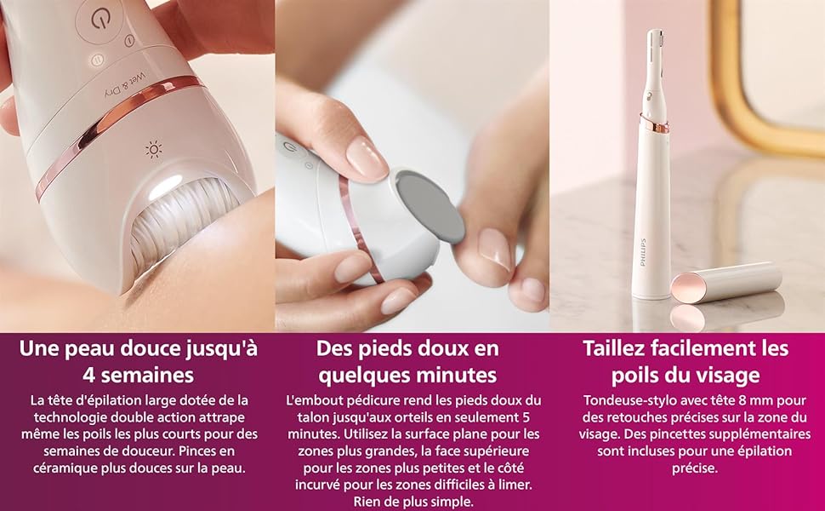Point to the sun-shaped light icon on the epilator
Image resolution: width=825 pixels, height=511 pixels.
point(153,151)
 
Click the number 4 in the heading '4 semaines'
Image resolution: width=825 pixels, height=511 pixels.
point(89,376)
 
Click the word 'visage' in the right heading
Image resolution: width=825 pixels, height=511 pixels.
point(730,376)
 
